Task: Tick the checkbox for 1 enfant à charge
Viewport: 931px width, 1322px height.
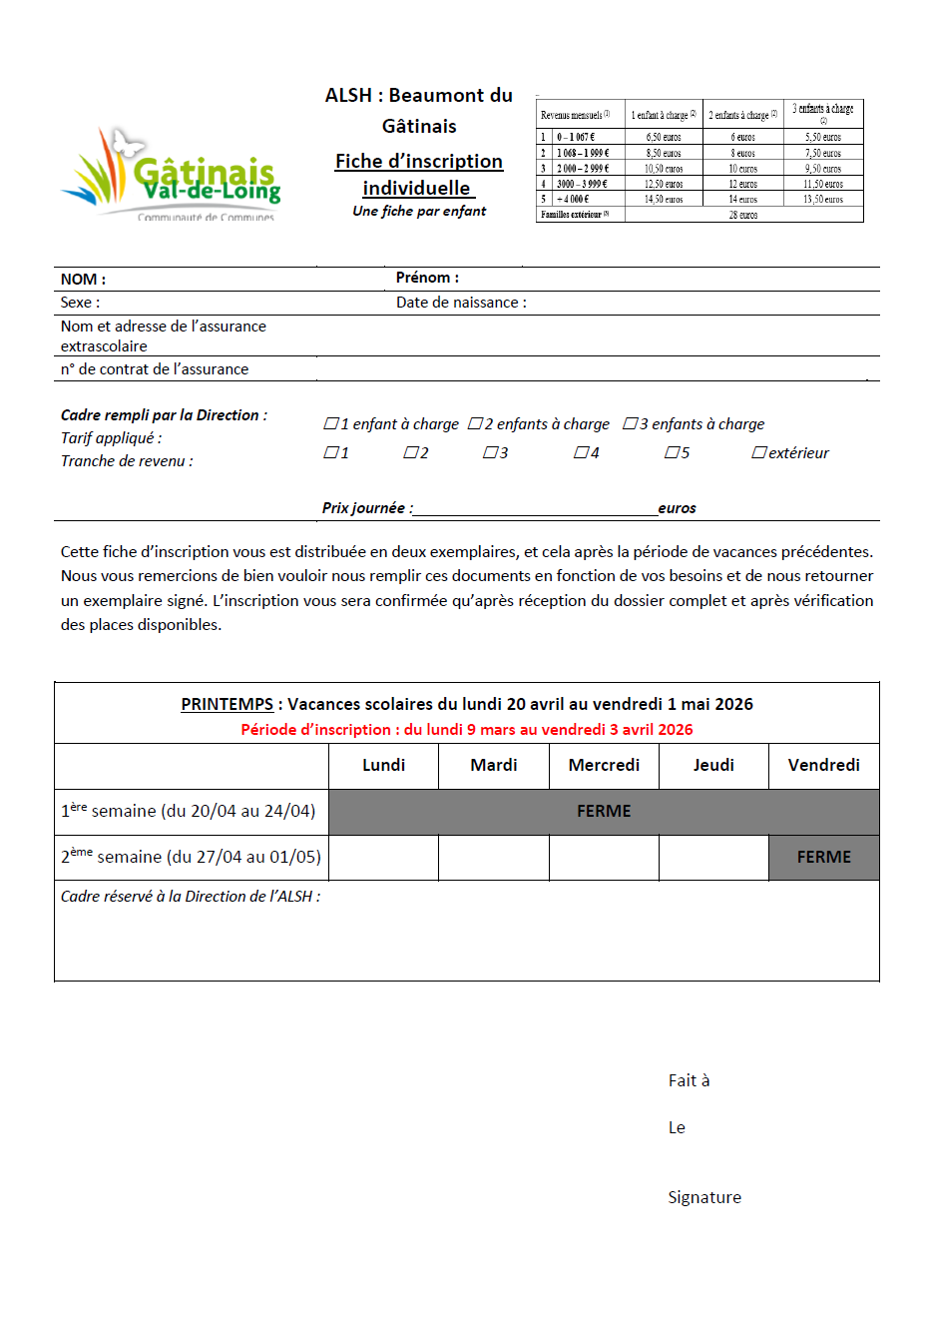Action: point(331,423)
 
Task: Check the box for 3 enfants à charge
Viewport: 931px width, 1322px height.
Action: point(630,423)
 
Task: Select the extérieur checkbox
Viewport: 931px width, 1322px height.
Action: point(759,452)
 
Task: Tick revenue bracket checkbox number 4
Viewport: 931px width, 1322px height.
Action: point(581,452)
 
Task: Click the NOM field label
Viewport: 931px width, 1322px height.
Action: point(83,280)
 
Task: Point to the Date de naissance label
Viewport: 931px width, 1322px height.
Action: point(461,303)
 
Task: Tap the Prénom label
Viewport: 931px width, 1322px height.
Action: point(427,278)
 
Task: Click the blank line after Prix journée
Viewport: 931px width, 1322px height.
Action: point(535,508)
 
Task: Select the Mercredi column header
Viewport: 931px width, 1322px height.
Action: point(604,765)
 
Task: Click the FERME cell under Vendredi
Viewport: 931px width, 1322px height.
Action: point(823,857)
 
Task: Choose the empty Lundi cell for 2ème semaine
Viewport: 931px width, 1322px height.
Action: point(383,857)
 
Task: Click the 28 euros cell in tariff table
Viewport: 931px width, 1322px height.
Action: point(743,215)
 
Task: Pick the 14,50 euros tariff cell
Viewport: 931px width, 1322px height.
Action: point(664,200)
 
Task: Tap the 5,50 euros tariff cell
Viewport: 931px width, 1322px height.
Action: point(823,137)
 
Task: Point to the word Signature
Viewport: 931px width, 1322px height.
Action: point(704,1197)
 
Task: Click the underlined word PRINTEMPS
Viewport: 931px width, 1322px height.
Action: point(227,704)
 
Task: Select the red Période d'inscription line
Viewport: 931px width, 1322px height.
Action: point(466,730)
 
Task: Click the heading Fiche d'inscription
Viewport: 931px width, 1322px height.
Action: point(419,162)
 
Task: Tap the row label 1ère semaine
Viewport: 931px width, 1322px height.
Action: point(189,811)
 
